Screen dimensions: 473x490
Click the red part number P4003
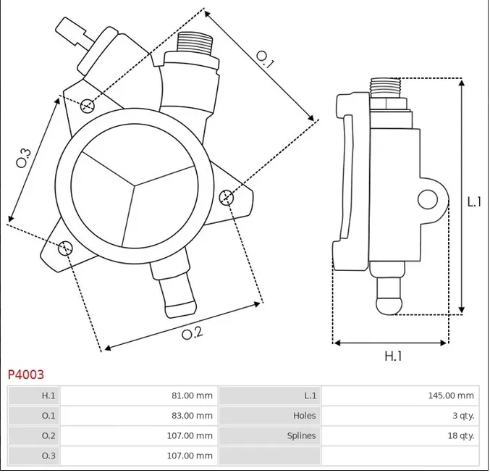pos(26,374)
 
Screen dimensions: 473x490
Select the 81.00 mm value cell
pos(193,395)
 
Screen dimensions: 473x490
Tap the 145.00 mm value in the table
pos(450,395)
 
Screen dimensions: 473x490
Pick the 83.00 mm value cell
pos(193,416)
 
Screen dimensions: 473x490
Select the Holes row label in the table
pos(304,416)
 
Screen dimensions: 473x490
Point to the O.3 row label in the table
pos(48,456)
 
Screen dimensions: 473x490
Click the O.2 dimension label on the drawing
pos(191,333)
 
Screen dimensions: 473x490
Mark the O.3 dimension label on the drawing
pos(24,157)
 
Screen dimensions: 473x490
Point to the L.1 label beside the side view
pos(474,201)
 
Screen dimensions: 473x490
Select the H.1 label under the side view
pos(392,356)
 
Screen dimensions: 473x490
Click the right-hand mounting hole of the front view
pos(226,196)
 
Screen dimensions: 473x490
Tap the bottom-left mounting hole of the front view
pos(65,248)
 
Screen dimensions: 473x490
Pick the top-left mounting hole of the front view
pos(88,106)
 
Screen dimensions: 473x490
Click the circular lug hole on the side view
pos(427,198)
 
